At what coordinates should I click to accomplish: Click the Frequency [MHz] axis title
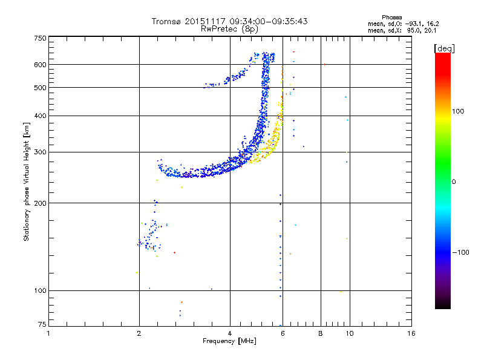pyautogui.click(x=229, y=341)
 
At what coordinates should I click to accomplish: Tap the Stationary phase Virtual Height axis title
pyautogui.click(x=27, y=181)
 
